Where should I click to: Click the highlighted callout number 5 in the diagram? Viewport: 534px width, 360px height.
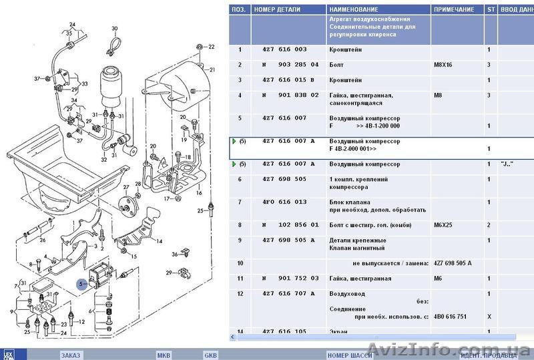(x=81, y=283)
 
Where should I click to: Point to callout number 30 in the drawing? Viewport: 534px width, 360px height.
(x=114, y=29)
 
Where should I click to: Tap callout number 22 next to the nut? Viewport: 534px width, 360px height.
(x=212, y=47)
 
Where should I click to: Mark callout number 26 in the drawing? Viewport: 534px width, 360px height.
(x=42, y=240)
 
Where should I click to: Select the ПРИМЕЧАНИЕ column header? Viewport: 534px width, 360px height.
(x=454, y=10)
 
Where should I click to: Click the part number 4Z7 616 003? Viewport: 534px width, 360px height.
(x=285, y=50)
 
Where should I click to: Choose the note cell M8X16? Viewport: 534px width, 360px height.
(x=445, y=65)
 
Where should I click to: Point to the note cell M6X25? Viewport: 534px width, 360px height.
(x=445, y=225)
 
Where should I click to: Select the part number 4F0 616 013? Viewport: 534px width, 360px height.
(x=285, y=201)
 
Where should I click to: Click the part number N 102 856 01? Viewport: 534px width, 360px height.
(x=290, y=225)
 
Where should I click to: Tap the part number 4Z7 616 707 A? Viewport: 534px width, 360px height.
(x=288, y=293)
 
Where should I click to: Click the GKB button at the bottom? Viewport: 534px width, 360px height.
(x=211, y=355)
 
